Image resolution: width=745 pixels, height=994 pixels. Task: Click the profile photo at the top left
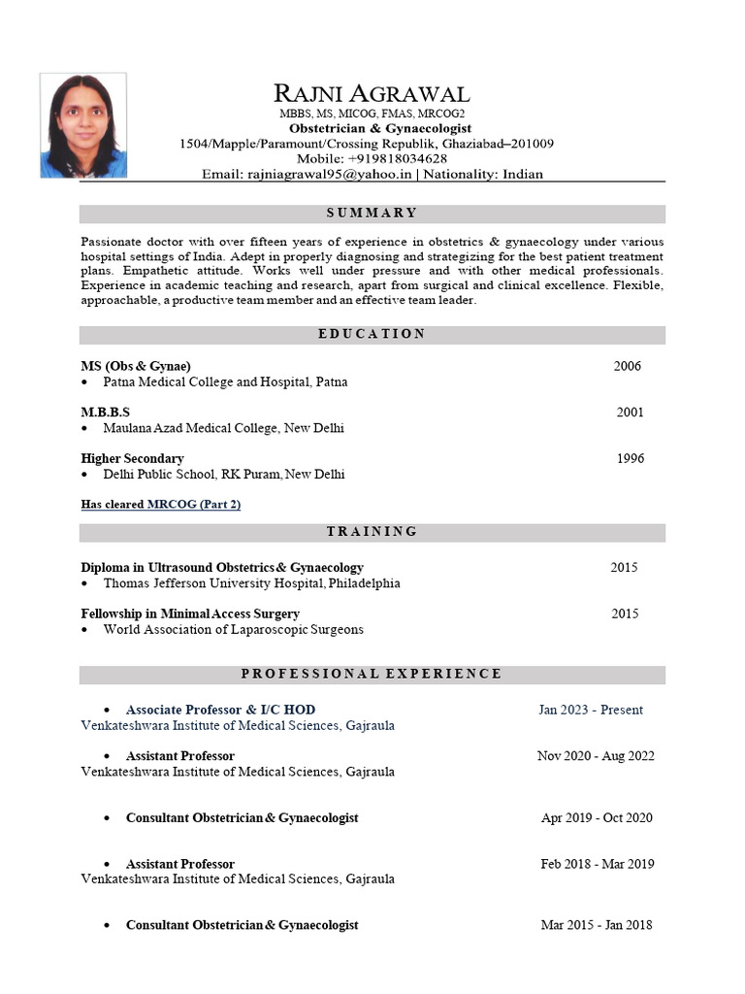pyautogui.click(x=83, y=125)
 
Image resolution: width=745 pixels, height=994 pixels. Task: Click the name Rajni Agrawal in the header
pyautogui.click(x=372, y=93)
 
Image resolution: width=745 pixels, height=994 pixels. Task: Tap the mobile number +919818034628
pyautogui.click(x=399, y=158)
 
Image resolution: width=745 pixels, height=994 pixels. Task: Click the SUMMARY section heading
pyautogui.click(x=372, y=214)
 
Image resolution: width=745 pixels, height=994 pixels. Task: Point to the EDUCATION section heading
pyautogui.click(x=372, y=334)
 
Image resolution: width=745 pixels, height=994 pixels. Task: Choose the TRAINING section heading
pyautogui.click(x=372, y=531)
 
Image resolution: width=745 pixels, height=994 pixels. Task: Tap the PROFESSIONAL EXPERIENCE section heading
pyautogui.click(x=372, y=674)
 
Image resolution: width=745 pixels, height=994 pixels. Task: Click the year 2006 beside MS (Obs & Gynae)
pyautogui.click(x=627, y=366)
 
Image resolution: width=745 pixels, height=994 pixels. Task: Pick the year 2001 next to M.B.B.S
pyautogui.click(x=630, y=413)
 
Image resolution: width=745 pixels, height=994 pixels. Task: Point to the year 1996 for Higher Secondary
pyautogui.click(x=630, y=458)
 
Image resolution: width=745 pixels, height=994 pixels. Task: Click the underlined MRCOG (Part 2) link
pyautogui.click(x=194, y=505)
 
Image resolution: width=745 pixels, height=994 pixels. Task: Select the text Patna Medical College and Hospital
pyautogui.click(x=225, y=382)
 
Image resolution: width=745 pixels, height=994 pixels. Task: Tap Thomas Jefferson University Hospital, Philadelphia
pyautogui.click(x=251, y=583)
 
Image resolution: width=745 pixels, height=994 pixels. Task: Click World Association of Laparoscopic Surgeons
pyautogui.click(x=233, y=629)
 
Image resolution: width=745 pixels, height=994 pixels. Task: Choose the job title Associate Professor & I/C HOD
pyautogui.click(x=220, y=710)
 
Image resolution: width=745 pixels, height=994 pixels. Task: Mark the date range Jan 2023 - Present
pyautogui.click(x=591, y=710)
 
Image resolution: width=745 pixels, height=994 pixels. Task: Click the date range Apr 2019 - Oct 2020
pyautogui.click(x=597, y=817)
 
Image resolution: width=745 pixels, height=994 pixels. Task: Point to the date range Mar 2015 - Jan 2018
pyautogui.click(x=597, y=925)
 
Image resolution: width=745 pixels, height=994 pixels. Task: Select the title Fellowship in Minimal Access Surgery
pyautogui.click(x=190, y=613)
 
